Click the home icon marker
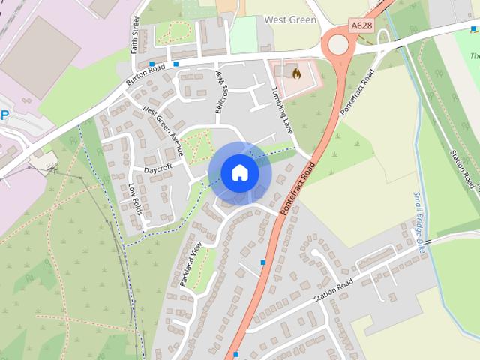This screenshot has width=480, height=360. pyautogui.click(x=240, y=172)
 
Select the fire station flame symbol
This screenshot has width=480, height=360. pyautogui.click(x=296, y=73)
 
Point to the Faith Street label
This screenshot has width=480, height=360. pyautogui.click(x=136, y=34)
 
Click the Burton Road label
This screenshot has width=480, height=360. pyautogui.click(x=145, y=73)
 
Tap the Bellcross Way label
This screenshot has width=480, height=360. pyautogui.click(x=220, y=94)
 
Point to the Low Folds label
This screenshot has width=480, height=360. pyautogui.click(x=135, y=198)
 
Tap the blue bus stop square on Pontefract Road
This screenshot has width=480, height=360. pyautogui.click(x=263, y=262)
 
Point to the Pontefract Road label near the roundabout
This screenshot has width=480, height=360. pyautogui.click(x=357, y=91)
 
